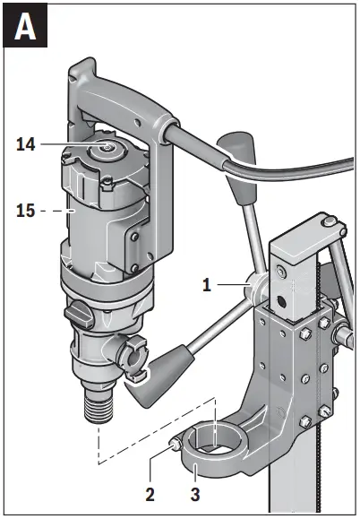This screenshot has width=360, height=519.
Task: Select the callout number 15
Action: coord(27,211)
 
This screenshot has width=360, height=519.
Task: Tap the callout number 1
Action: coord(207,286)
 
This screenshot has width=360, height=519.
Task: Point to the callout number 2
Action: coord(150,492)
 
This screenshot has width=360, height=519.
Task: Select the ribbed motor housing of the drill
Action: coord(85,215)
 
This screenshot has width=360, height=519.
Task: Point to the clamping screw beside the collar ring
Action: coord(176,442)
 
